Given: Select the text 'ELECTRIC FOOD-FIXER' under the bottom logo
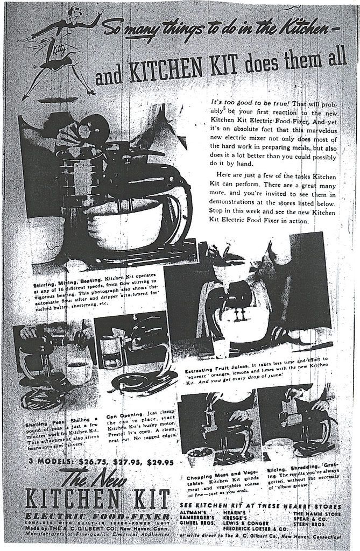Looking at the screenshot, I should [x=90, y=516].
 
